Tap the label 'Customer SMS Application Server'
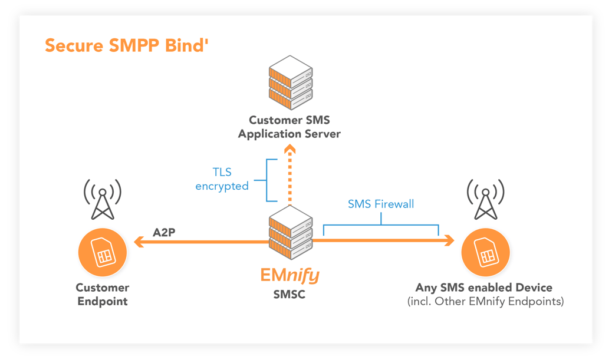(x=289, y=127)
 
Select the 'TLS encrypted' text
(x=222, y=180)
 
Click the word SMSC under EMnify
(x=289, y=294)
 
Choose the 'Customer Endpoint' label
(x=103, y=295)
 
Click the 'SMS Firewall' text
(x=381, y=204)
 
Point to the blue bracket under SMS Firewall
(x=381, y=225)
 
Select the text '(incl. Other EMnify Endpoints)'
(x=485, y=302)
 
